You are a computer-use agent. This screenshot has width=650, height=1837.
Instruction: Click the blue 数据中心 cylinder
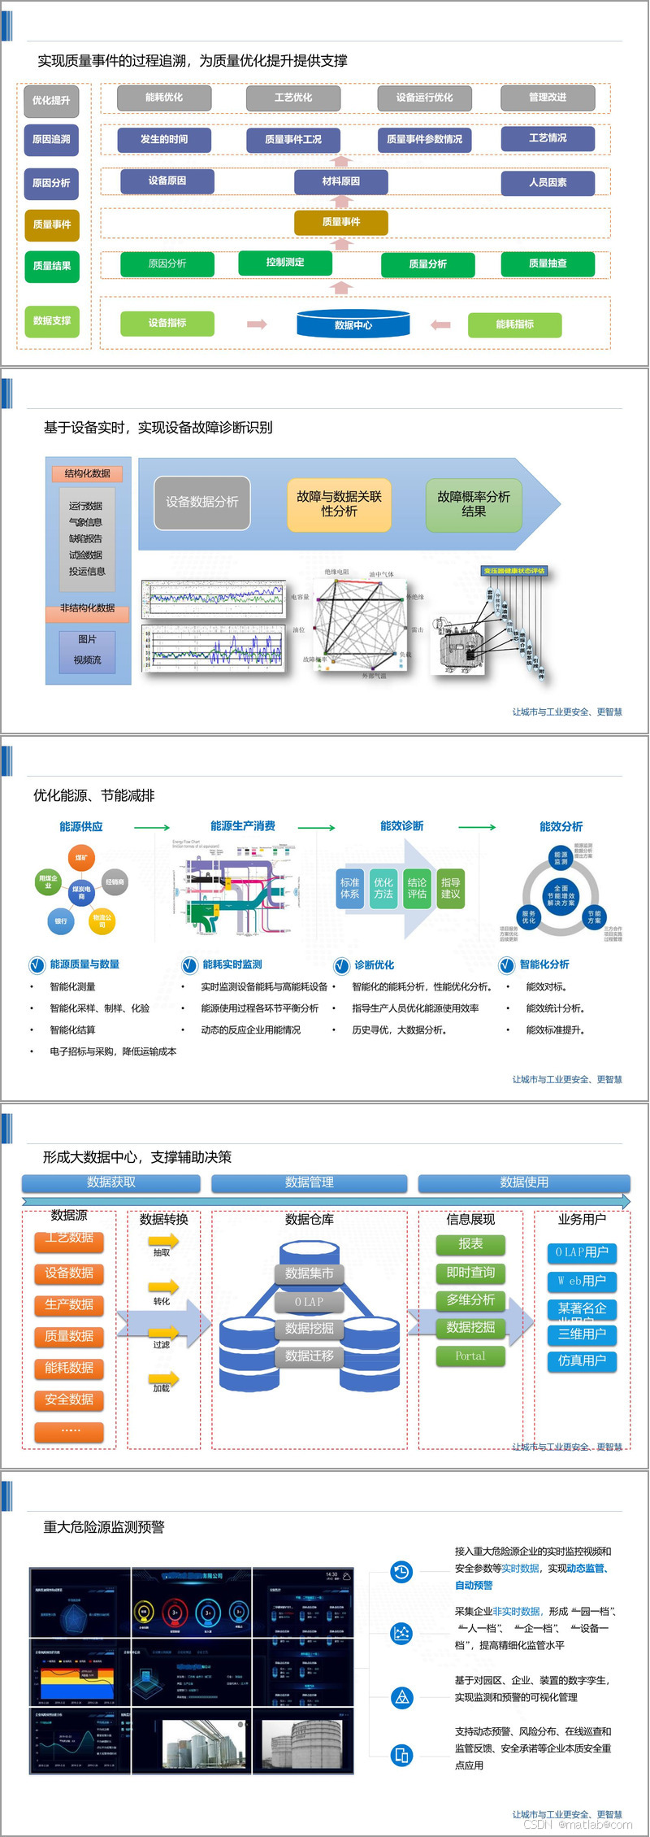(353, 324)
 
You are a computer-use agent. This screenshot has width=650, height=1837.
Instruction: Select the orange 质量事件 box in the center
(341, 222)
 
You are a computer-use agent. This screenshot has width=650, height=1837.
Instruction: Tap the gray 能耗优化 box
(164, 98)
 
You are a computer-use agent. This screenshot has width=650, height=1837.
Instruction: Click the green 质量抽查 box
(548, 263)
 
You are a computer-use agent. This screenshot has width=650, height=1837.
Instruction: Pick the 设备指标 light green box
(167, 323)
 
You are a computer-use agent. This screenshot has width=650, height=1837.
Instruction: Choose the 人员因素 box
(548, 182)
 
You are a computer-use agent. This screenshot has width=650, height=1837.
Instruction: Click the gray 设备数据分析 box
(202, 503)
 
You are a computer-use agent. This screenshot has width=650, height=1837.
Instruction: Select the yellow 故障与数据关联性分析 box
(339, 504)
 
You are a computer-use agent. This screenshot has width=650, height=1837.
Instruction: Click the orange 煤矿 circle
(81, 858)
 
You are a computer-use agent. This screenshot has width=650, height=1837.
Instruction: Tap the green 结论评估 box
(417, 888)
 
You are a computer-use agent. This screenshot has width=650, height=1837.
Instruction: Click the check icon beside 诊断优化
(342, 965)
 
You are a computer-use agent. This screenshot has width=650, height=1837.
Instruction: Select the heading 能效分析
(561, 826)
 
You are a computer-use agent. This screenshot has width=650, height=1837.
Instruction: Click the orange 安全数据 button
(69, 1400)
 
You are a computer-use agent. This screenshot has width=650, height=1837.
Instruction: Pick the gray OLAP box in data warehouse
(309, 1302)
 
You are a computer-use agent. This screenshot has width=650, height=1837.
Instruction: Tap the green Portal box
(470, 1356)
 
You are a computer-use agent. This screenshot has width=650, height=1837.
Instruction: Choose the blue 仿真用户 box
(582, 1360)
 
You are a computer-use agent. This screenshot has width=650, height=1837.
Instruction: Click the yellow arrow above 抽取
(162, 1241)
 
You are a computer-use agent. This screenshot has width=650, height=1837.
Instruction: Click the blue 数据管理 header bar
(309, 1182)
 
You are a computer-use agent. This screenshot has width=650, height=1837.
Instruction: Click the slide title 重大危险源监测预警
(104, 1527)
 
